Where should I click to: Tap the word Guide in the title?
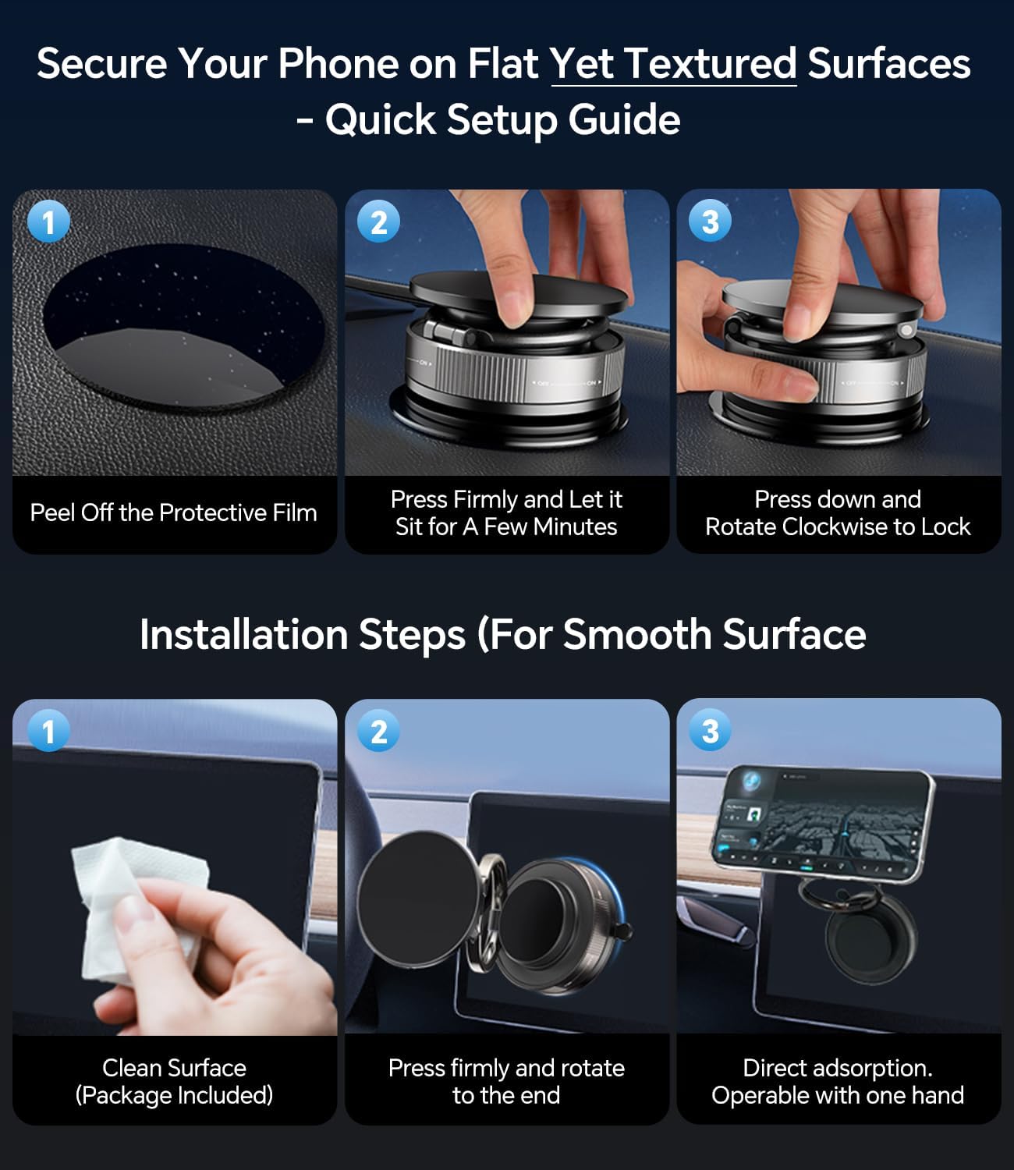coord(624,120)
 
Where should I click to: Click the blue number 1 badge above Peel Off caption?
coord(48,222)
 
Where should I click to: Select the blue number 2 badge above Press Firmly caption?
coord(379,222)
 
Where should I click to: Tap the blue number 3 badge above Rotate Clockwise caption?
coord(710,222)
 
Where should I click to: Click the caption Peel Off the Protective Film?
coord(173,513)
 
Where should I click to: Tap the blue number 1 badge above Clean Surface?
coord(48,732)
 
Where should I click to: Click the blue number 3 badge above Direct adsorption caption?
coord(710,732)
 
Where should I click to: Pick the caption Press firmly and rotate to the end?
coord(506,1081)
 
